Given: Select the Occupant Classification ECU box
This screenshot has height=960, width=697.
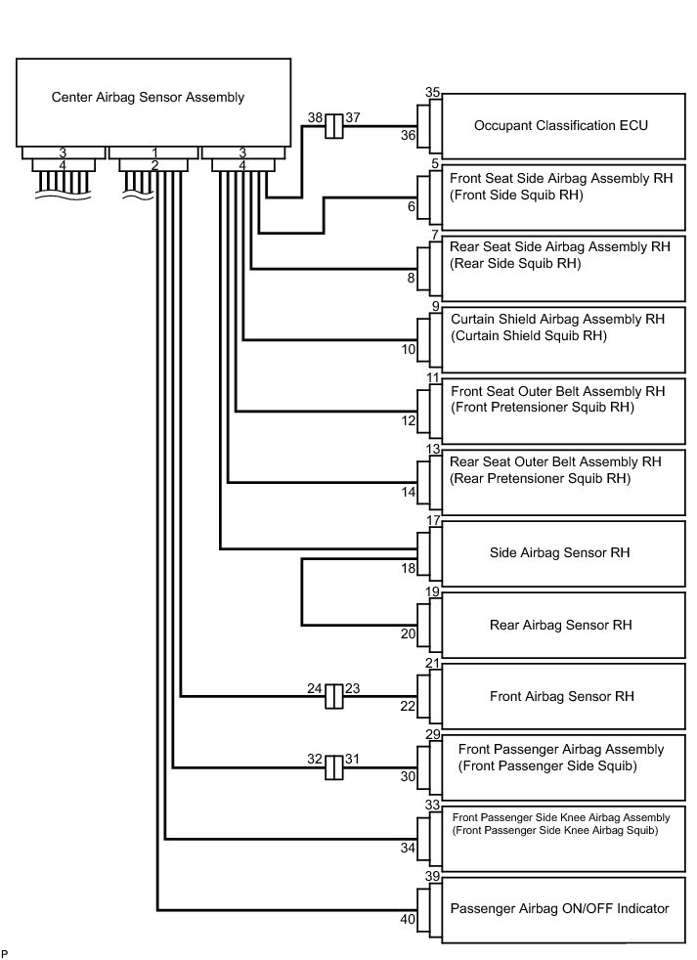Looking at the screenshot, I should (x=561, y=126).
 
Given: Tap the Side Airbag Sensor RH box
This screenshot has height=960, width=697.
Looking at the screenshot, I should (x=560, y=552).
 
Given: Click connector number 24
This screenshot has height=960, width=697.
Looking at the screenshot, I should (x=315, y=688).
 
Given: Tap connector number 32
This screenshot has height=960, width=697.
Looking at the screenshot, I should (x=315, y=758).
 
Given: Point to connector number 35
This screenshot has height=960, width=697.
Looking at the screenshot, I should (x=433, y=92).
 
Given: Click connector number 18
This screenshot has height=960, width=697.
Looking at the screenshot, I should (x=409, y=568).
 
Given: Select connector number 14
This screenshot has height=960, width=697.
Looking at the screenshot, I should (x=409, y=493).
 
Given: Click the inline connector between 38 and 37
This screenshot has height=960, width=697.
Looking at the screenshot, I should (x=333, y=126).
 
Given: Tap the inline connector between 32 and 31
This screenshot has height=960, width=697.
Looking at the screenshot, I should (x=333, y=766).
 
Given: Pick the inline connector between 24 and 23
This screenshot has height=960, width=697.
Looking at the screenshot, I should (x=333, y=696).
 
